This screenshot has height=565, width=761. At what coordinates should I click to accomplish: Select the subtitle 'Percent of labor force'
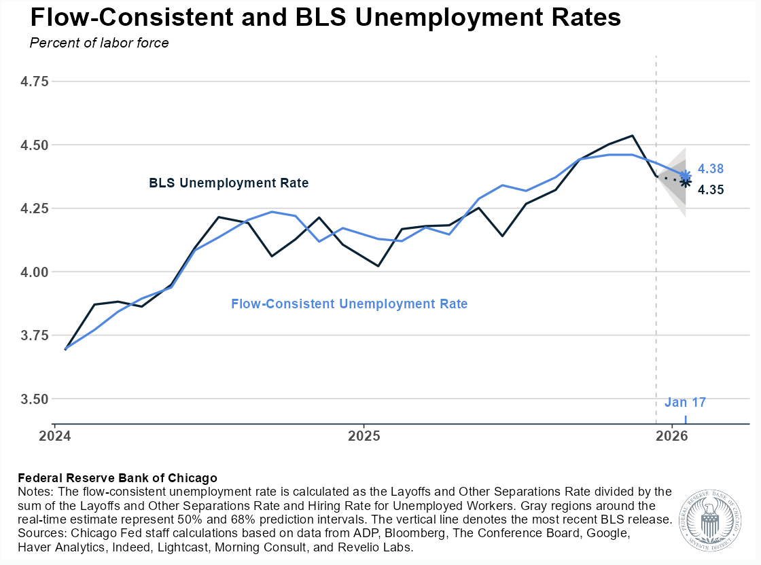99,43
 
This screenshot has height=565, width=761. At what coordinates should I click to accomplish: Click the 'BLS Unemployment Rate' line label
228,183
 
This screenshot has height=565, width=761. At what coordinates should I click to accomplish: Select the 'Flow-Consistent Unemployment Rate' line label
349,304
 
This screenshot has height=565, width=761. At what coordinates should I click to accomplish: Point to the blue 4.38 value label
711,169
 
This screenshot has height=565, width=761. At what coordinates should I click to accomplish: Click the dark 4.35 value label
711,190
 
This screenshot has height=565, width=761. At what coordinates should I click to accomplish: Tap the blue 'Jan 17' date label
685,403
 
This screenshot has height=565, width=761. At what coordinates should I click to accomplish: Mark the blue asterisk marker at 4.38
686,175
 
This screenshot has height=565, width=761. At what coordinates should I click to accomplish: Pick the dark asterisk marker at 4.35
686,182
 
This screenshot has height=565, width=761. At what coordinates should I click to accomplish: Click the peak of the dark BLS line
633,136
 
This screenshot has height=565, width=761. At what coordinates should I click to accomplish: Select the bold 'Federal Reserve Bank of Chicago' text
118,478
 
